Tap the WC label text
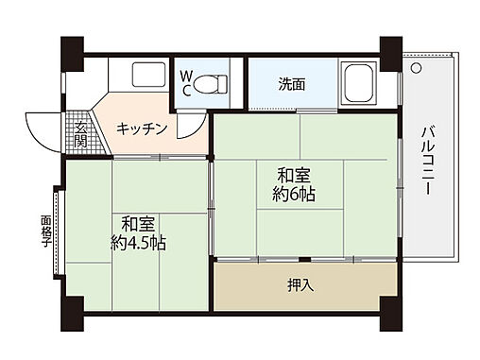pyautogui.click(x=187, y=82)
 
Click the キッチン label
pyautogui.click(x=143, y=129)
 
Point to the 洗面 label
pyautogui.click(x=291, y=83)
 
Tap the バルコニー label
pyautogui.click(x=427, y=161)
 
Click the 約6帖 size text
pyautogui.click(x=296, y=196)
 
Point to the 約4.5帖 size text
pyautogui.click(x=138, y=244)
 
